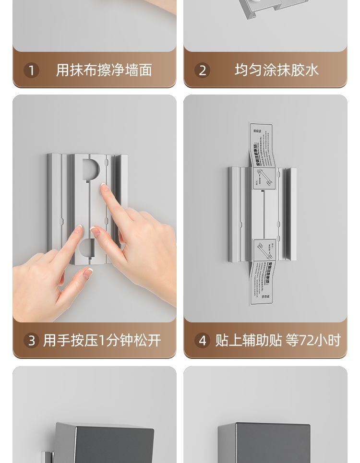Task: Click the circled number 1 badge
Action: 31,71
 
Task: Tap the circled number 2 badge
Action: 202,71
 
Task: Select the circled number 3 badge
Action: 31,341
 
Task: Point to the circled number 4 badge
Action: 202,341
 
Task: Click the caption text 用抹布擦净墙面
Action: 104,71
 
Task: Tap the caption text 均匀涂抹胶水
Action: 276,71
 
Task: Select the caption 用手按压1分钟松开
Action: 102,341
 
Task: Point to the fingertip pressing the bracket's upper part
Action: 104,188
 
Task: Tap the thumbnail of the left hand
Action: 88,272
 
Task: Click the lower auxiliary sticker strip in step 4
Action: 262,281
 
